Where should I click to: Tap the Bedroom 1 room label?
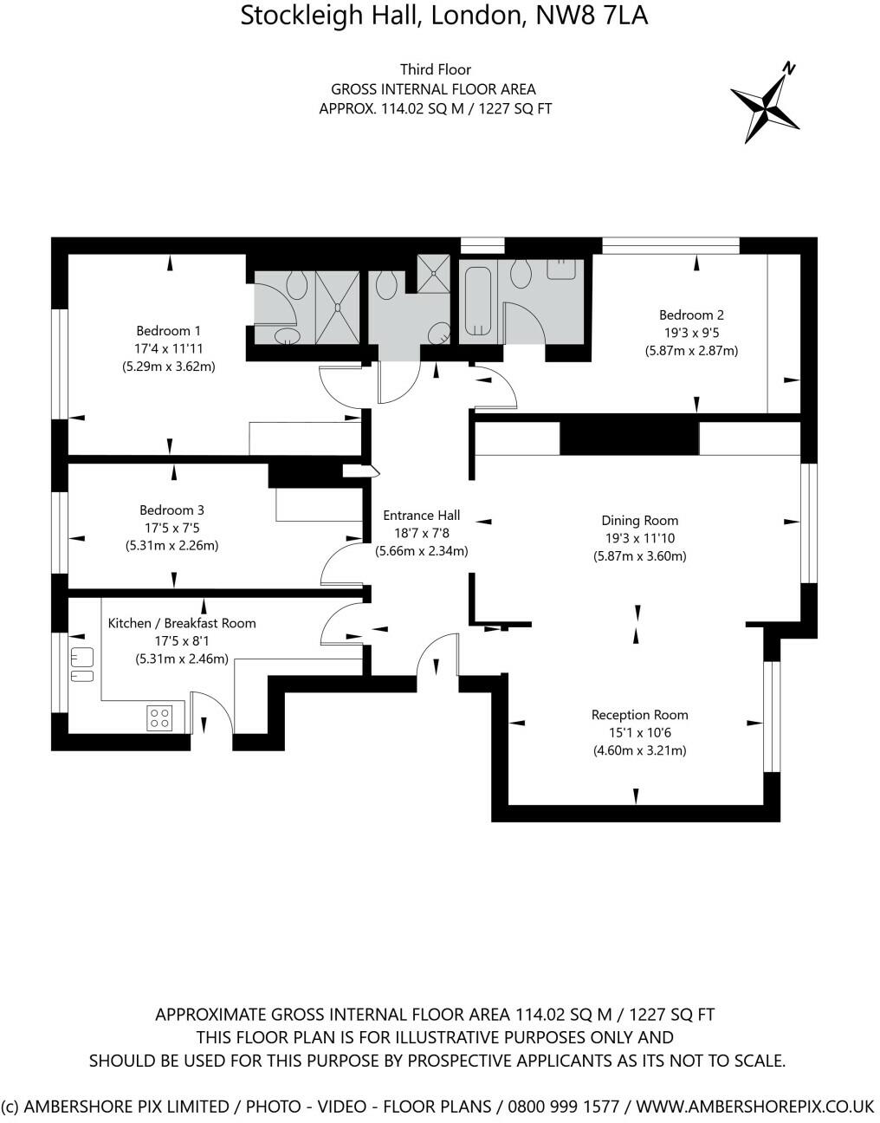[168, 330]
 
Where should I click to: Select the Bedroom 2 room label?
[691, 315]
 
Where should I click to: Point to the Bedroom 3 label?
[171, 510]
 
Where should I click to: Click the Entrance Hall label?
[422, 515]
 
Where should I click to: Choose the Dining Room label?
[640, 521]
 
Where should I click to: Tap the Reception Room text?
[639, 715]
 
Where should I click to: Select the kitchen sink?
[82, 664]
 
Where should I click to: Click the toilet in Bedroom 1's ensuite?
[296, 285]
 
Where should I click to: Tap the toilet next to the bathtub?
[521, 274]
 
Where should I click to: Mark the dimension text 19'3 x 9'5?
[691, 334]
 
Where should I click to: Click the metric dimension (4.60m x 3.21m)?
[639, 750]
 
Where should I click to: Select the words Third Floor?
[436, 69]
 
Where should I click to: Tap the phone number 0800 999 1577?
[564, 1107]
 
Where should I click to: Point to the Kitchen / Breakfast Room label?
[182, 623]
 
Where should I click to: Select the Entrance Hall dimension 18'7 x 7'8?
[422, 533]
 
